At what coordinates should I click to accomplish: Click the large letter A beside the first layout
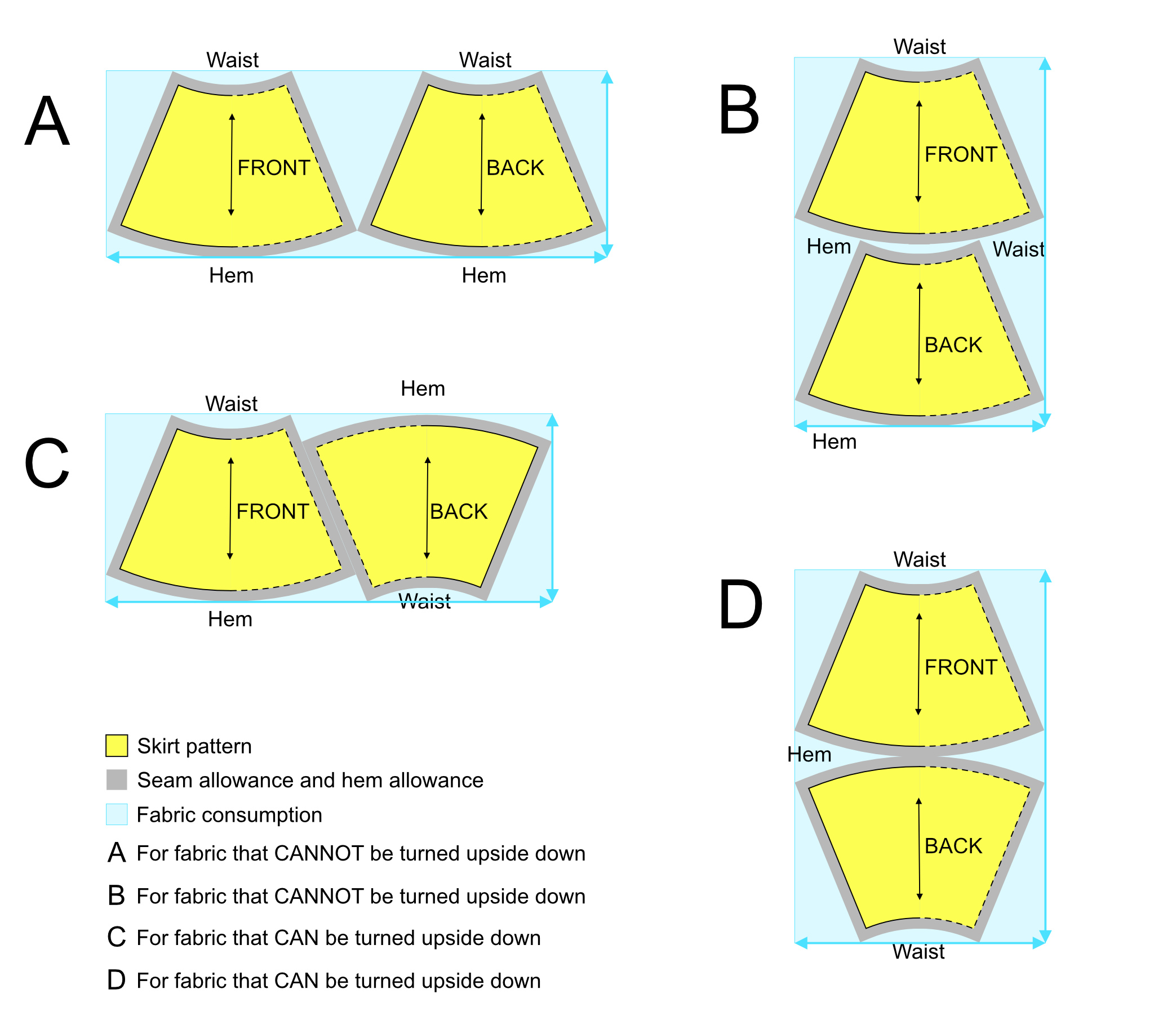click(47, 121)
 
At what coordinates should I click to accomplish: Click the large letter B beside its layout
click(739, 110)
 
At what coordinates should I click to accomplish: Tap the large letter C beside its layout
click(47, 464)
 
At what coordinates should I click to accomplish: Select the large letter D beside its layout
click(740, 604)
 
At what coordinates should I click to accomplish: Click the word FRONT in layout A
click(274, 168)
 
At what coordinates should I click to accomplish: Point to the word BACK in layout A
click(515, 168)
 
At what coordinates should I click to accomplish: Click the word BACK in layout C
click(459, 511)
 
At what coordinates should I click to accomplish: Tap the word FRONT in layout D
click(960, 667)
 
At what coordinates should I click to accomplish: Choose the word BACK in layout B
click(953, 345)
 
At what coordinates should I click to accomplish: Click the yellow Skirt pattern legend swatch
click(117, 746)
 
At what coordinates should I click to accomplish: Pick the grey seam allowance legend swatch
click(117, 780)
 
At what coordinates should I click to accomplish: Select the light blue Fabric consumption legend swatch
click(117, 814)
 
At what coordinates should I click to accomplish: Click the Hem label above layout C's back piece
click(423, 389)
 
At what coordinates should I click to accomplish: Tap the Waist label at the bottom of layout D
click(918, 952)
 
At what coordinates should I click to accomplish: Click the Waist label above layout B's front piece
click(919, 46)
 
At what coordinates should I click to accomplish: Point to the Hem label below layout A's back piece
click(484, 275)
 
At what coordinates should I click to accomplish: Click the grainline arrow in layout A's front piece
click(232, 164)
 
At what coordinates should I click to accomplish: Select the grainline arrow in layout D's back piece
click(919, 849)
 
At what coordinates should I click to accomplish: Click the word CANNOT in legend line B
click(319, 896)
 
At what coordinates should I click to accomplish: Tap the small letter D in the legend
click(116, 981)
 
